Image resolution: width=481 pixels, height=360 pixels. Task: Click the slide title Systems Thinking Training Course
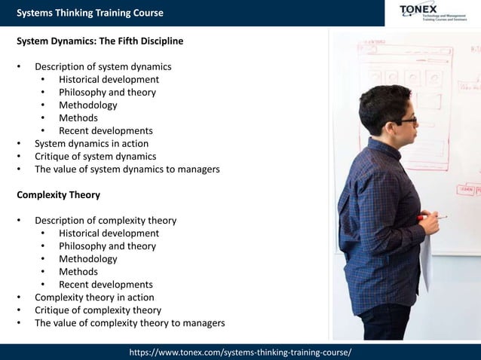pos(90,13)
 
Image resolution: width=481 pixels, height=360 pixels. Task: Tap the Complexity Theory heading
pos(58,194)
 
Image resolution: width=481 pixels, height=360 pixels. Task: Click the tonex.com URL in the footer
pos(240,352)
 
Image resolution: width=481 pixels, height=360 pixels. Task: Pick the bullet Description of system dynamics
pos(103,66)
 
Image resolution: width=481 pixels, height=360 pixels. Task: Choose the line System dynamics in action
pos(91,143)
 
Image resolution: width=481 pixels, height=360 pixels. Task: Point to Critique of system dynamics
pos(95,156)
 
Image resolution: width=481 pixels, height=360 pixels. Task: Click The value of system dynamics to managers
pos(127,169)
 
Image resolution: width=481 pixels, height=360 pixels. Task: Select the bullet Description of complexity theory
pos(106,221)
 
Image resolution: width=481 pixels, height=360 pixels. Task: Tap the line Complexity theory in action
pos(94,297)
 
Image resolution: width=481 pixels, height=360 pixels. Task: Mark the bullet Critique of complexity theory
pos(98,310)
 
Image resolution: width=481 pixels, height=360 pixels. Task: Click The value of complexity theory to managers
pos(130,322)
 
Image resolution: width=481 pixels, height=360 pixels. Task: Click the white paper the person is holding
pos(426,260)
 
